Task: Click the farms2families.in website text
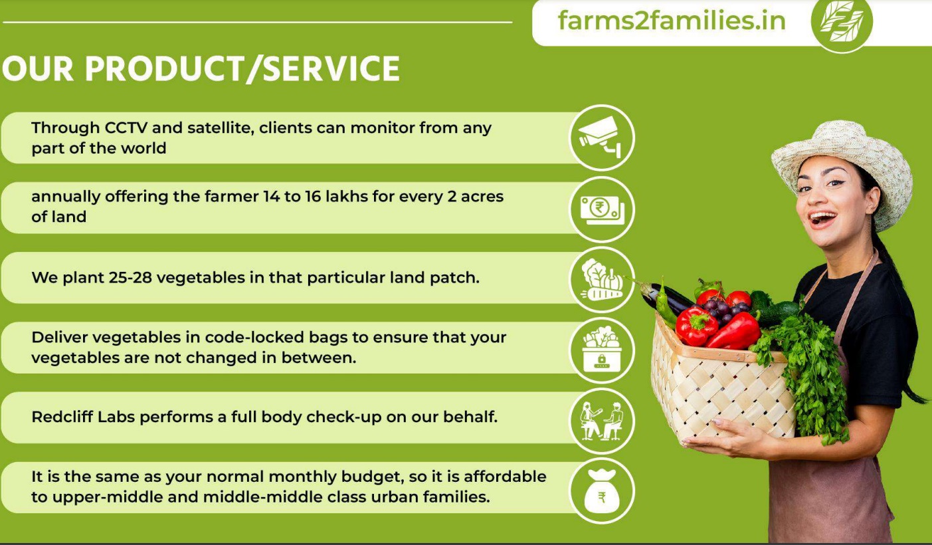click(672, 21)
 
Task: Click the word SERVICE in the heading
click(331, 68)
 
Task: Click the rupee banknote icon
click(602, 209)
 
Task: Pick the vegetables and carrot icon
click(602, 279)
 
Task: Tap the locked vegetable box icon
click(602, 350)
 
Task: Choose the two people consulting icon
click(602, 421)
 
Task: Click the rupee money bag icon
click(602, 490)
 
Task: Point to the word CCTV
click(126, 128)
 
